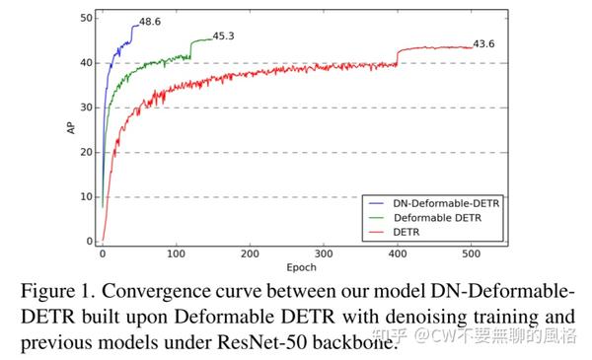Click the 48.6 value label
pos(151,21)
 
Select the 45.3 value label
pos(226,36)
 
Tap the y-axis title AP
pos(69,126)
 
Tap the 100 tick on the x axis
pos(176,253)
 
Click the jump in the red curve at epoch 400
pos(398,57)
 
